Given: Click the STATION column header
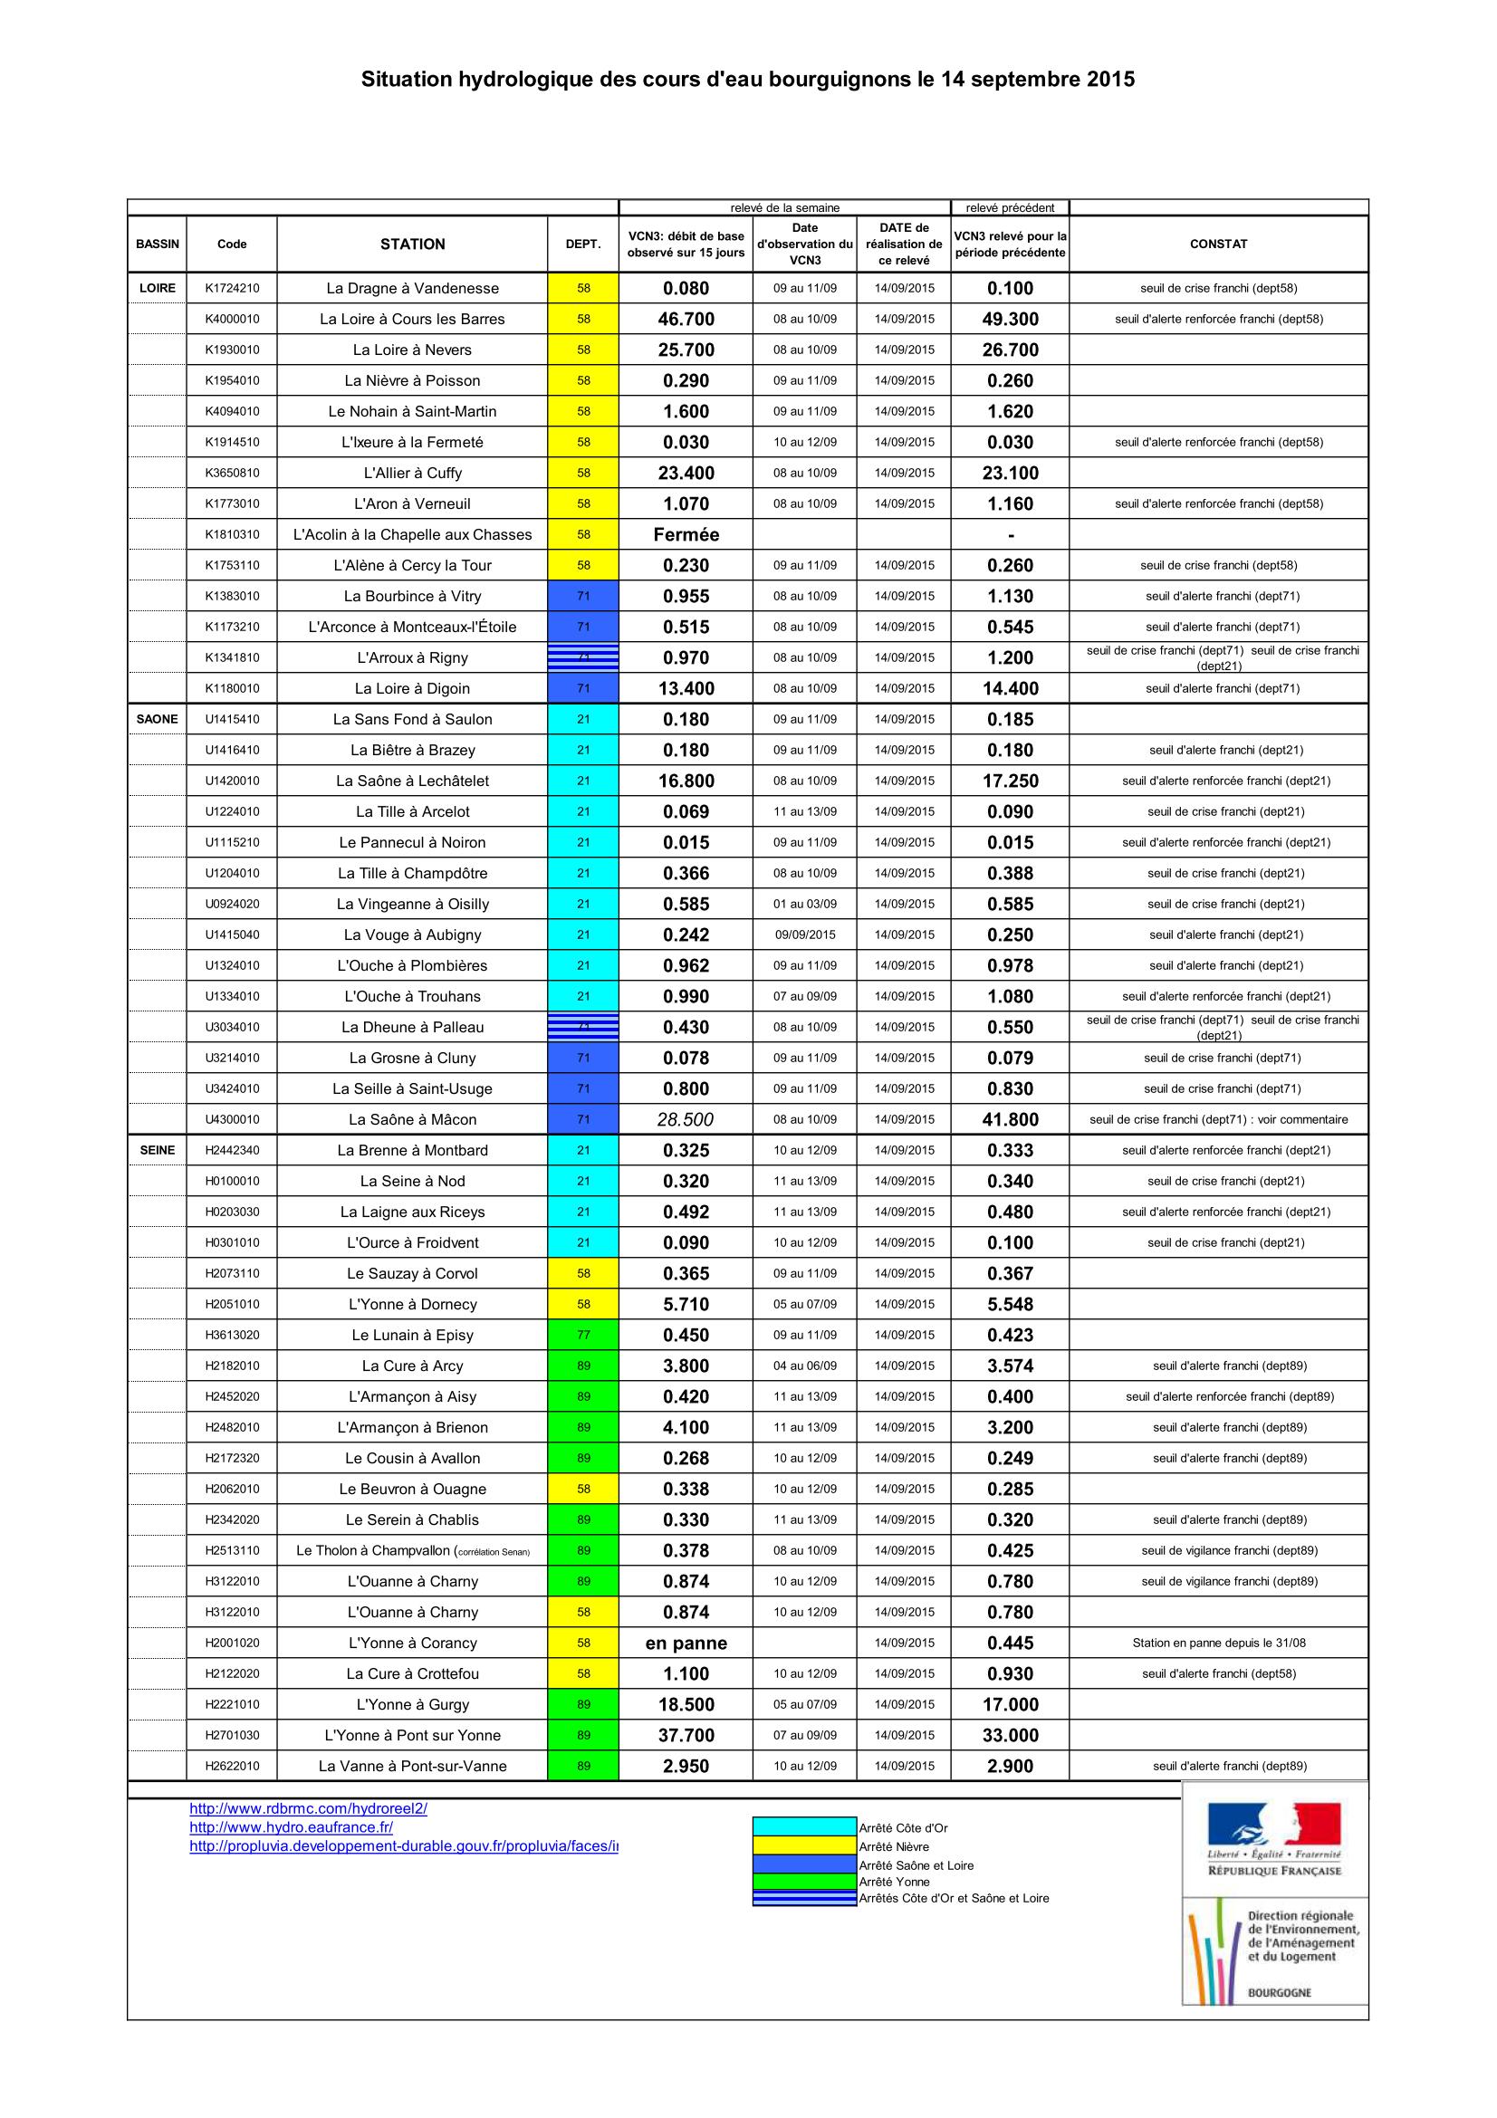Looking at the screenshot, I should [x=412, y=244].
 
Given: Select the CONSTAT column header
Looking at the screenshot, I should [x=1217, y=244].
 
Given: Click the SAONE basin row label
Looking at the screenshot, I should [x=157, y=719].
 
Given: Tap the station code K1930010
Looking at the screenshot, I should [x=232, y=350].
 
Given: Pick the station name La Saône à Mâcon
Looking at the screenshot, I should [x=412, y=1119].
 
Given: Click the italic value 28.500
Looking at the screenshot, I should [x=686, y=1119].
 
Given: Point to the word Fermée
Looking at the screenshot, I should [x=686, y=534].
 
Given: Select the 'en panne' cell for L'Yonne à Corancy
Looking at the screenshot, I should [x=686, y=1642].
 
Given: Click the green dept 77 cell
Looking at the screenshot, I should [x=583, y=1335].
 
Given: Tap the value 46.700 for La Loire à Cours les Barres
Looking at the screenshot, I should [x=686, y=319].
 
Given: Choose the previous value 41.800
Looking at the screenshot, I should [x=1010, y=1119].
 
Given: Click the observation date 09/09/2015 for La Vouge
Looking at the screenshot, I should [x=804, y=934].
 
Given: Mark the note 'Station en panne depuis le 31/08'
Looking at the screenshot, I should [x=1217, y=1642].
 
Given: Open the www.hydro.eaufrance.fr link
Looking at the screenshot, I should [x=291, y=1826].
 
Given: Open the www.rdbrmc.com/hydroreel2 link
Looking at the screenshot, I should [x=308, y=1808].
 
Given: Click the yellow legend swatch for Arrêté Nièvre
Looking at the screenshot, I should [x=804, y=1845].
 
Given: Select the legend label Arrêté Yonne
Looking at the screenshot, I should [x=894, y=1881].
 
